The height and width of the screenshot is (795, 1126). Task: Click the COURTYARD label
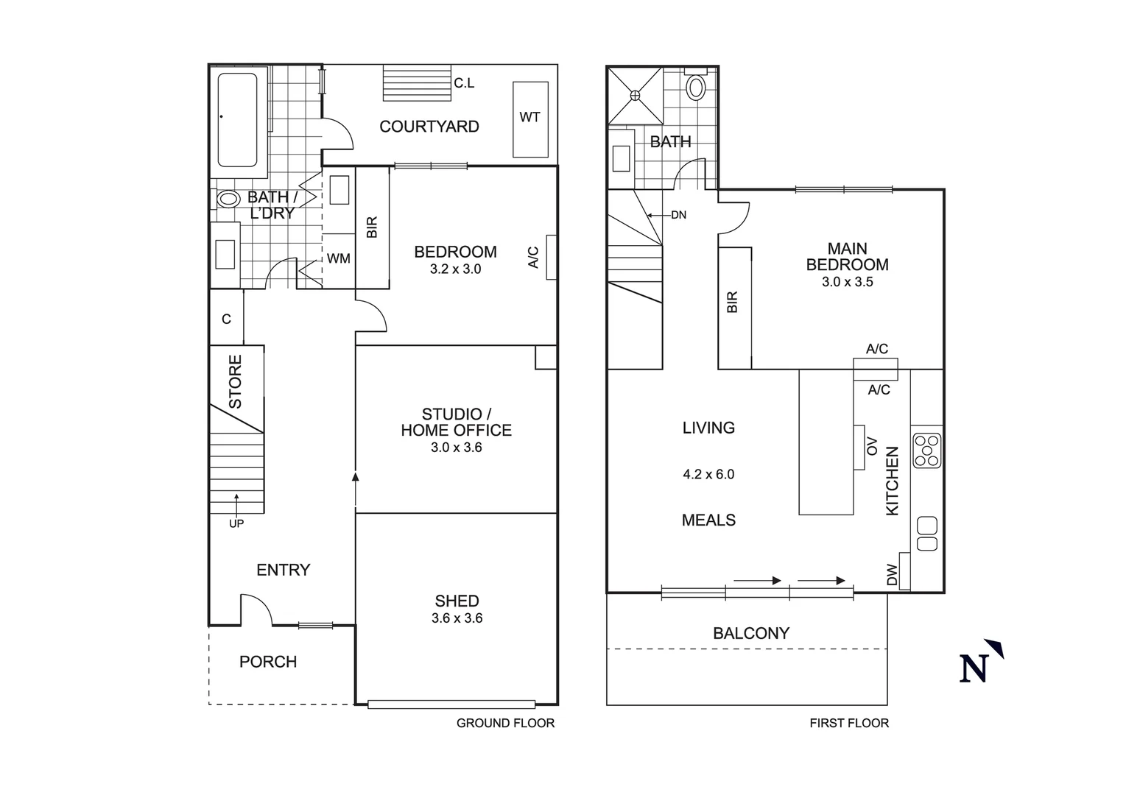pyautogui.click(x=429, y=127)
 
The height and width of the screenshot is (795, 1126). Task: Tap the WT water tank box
pyautogui.click(x=530, y=118)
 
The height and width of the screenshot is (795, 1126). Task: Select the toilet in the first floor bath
pyautogui.click(x=695, y=87)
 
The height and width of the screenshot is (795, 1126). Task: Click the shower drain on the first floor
pyautogui.click(x=634, y=94)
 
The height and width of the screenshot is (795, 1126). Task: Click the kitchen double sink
pyautogui.click(x=927, y=534)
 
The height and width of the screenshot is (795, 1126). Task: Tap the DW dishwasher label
pyautogui.click(x=892, y=575)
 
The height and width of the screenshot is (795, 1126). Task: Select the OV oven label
pyautogui.click(x=872, y=446)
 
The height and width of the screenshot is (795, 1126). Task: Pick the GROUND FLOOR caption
pyautogui.click(x=505, y=723)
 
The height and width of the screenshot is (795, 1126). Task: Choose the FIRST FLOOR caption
pyautogui.click(x=849, y=723)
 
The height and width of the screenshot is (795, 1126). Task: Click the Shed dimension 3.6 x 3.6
pyautogui.click(x=457, y=618)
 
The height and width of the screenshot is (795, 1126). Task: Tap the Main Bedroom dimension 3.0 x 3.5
pyautogui.click(x=847, y=282)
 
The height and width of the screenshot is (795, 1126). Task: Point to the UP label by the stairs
pyautogui.click(x=236, y=523)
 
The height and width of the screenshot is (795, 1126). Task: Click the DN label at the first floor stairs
pyautogui.click(x=678, y=215)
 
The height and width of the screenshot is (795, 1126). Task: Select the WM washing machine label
pyautogui.click(x=339, y=258)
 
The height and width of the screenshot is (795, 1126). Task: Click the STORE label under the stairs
pyautogui.click(x=236, y=382)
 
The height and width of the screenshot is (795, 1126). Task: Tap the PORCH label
pyautogui.click(x=268, y=662)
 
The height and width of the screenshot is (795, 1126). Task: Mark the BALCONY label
pyautogui.click(x=750, y=633)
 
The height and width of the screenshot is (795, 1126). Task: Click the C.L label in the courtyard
pyautogui.click(x=464, y=83)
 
